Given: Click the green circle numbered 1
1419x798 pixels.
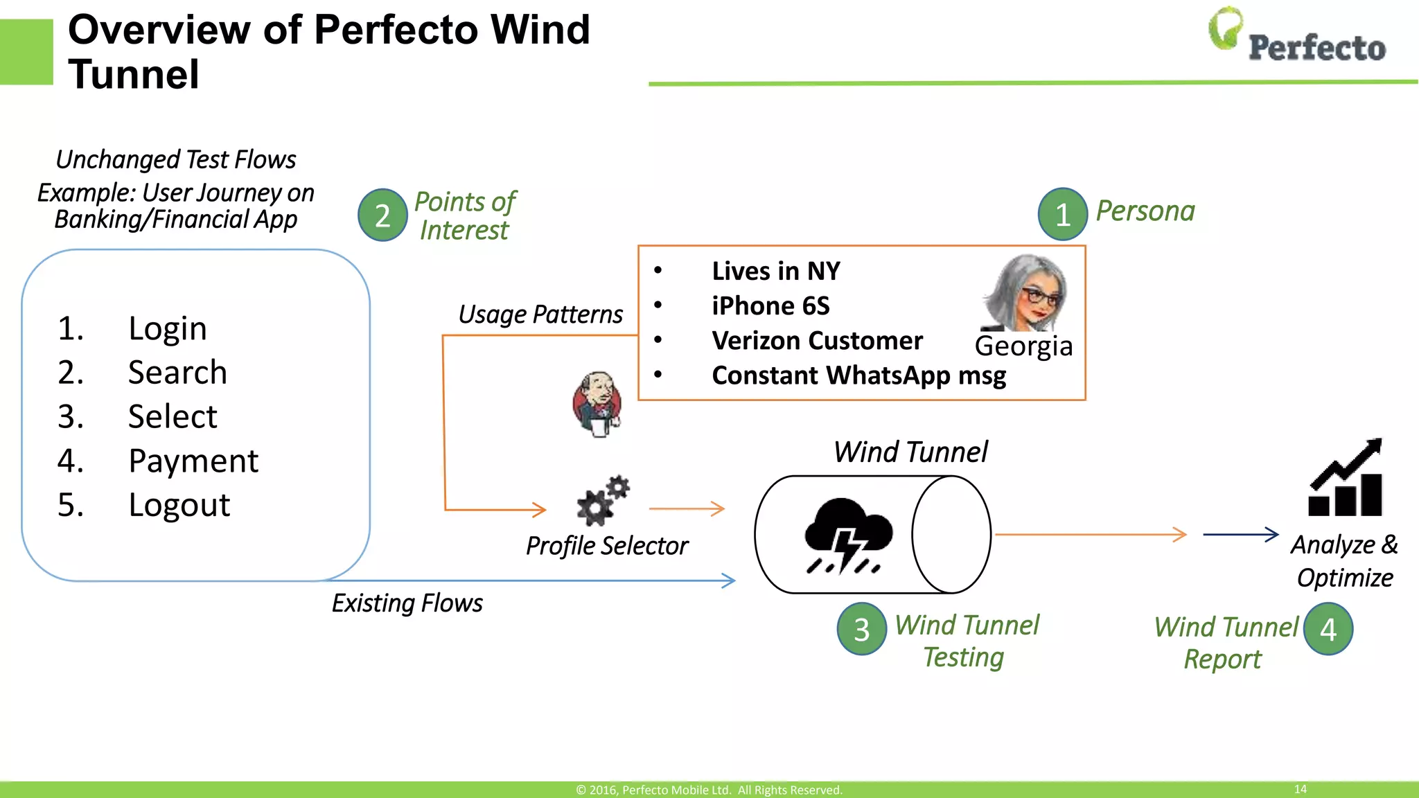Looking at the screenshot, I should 1062,215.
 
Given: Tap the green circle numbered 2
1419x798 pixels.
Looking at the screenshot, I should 382,215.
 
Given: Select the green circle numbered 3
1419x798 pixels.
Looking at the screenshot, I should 861,629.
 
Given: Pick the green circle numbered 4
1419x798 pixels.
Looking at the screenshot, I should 1328,629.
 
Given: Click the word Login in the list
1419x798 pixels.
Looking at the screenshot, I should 168,328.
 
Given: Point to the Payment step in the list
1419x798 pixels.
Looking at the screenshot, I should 193,461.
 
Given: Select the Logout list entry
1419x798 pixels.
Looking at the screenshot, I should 179,505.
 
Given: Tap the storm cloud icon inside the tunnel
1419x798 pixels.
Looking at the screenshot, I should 847,535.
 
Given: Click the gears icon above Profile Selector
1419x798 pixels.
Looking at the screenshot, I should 602,501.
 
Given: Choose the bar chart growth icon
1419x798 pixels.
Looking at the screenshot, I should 1346,479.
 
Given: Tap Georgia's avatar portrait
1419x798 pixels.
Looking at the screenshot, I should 1026,293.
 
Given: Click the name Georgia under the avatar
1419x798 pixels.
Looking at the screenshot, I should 1023,346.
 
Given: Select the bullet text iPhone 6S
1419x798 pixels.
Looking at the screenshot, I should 770,306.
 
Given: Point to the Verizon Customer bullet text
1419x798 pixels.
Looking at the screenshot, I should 817,341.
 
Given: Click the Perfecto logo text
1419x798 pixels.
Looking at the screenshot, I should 1316,48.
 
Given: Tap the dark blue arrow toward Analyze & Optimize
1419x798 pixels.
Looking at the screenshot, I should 1240,534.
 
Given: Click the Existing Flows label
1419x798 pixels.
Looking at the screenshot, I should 407,603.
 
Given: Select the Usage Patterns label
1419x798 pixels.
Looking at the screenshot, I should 540,314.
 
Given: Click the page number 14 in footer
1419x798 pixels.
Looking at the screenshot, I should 1300,789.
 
